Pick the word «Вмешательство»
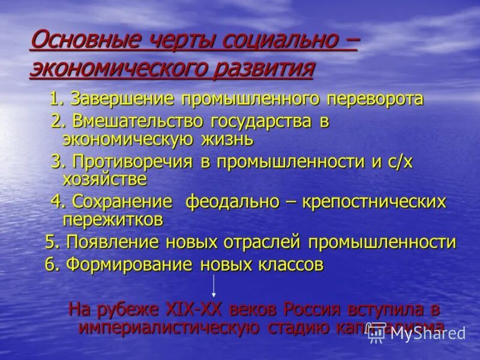(140, 121)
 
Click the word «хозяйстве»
(104, 179)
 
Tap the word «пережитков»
(113, 220)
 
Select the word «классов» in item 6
(292, 265)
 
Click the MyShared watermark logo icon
(377, 334)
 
